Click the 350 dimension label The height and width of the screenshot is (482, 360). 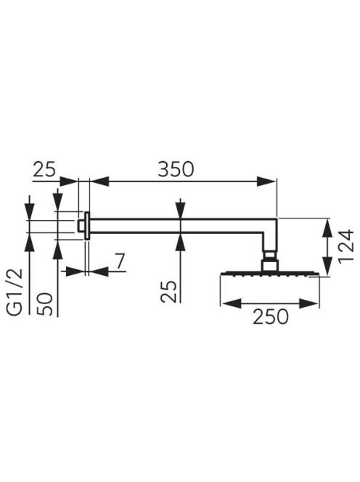click(x=176, y=168)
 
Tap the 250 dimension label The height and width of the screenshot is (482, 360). click(x=271, y=316)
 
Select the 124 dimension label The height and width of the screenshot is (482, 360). click(x=346, y=245)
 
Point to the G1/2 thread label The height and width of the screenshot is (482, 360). click(x=15, y=292)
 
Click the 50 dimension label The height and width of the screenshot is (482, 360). click(x=44, y=303)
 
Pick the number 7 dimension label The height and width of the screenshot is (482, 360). click(x=120, y=261)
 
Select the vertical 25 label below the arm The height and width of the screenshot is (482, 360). click(x=169, y=292)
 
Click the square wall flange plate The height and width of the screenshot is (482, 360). click(x=87, y=226)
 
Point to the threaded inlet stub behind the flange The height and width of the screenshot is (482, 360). click(x=82, y=225)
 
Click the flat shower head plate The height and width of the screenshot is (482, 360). click(x=269, y=273)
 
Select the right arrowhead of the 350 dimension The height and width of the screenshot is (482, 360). click(x=266, y=181)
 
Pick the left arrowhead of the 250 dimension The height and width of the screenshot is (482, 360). click(x=232, y=303)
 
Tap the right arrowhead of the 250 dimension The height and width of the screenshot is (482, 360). click(x=308, y=303)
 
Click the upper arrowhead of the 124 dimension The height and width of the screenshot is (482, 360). click(x=328, y=227)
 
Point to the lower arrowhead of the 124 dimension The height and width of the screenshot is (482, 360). click(x=328, y=266)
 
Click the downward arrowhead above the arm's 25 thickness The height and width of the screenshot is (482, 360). click(x=181, y=209)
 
